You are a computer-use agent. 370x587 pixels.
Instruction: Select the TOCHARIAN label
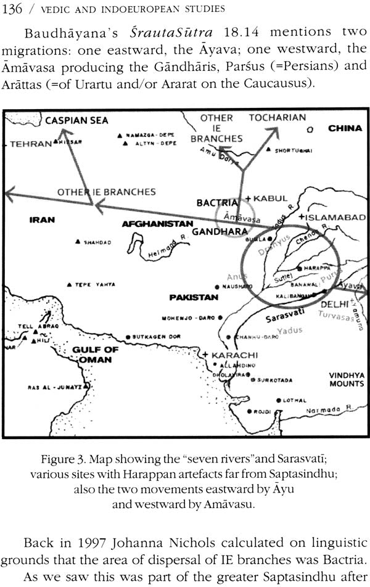click(x=277, y=117)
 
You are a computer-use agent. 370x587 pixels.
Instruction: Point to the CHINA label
click(x=345, y=129)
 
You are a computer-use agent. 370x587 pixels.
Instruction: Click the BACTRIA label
click(x=216, y=202)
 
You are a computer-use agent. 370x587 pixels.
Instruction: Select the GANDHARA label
click(x=215, y=232)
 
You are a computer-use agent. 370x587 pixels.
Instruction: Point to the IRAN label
click(x=42, y=220)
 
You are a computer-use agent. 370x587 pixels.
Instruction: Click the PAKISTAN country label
click(x=194, y=297)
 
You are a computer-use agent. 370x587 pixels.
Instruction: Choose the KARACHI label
click(x=237, y=356)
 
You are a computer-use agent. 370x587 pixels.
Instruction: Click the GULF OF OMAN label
click(x=95, y=355)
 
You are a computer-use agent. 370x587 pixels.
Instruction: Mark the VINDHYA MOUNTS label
click(x=346, y=379)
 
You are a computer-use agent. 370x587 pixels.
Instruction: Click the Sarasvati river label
click(x=286, y=319)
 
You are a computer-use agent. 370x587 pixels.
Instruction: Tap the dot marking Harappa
click(x=298, y=269)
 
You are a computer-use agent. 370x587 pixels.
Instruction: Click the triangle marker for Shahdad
click(x=78, y=242)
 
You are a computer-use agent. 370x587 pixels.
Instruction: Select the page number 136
click(x=12, y=8)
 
